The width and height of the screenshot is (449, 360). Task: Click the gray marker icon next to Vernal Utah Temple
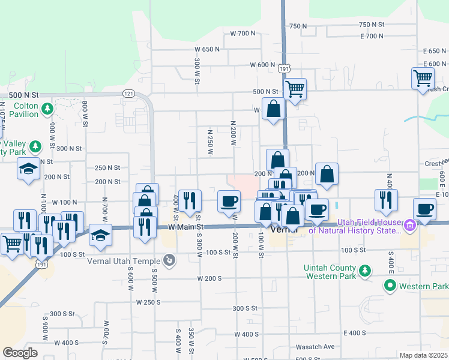click(170, 260)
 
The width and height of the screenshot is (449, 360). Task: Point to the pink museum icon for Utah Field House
click(410, 226)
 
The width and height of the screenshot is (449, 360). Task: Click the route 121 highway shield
click(128, 94)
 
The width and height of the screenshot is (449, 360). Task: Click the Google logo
click(20, 353)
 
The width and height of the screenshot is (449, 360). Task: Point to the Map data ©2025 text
click(424, 355)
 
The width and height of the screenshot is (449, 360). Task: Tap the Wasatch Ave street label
click(315, 347)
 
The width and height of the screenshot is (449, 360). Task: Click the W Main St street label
click(186, 227)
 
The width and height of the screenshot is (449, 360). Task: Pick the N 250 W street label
click(210, 142)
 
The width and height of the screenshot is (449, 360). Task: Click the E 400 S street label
click(355, 333)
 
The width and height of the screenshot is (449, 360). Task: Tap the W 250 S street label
click(148, 302)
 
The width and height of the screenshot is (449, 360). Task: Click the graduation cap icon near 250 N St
click(28, 171)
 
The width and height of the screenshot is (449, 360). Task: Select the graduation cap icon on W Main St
click(100, 236)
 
